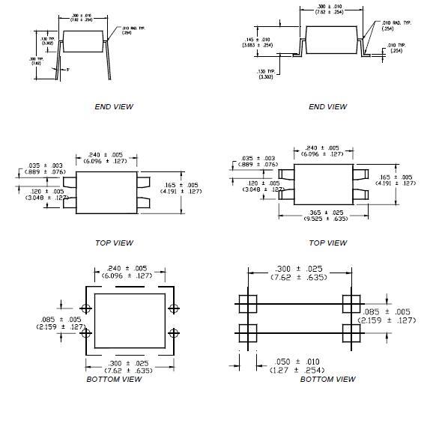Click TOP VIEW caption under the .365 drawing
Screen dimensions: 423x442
(x=327, y=243)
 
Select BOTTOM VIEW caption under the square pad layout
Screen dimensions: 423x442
(x=327, y=380)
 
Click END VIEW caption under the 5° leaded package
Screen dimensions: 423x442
(x=114, y=106)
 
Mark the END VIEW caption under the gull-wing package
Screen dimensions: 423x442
(x=327, y=106)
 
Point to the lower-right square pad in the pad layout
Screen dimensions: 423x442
(x=350, y=331)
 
